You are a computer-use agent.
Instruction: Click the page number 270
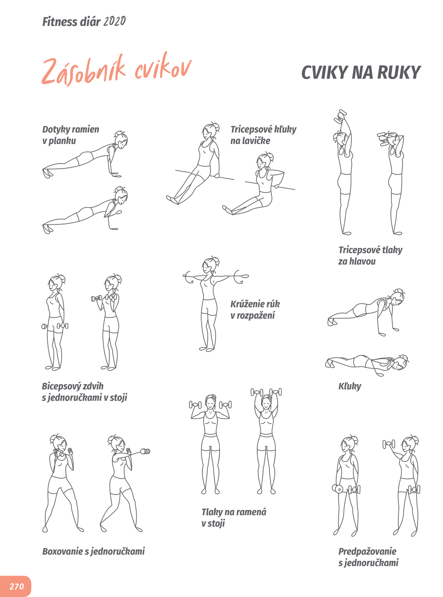pyautogui.click(x=17, y=586)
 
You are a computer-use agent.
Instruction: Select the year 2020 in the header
pyautogui.click(x=114, y=21)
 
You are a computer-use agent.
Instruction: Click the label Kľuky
pyautogui.click(x=350, y=386)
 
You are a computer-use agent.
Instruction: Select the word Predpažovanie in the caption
pyautogui.click(x=367, y=552)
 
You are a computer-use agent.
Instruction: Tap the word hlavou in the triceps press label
pyautogui.click(x=362, y=261)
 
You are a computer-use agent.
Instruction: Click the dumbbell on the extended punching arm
pyautogui.click(x=145, y=451)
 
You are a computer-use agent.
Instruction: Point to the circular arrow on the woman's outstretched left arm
pyautogui.click(x=238, y=276)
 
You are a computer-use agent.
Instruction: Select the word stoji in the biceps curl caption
pyautogui.click(x=118, y=397)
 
